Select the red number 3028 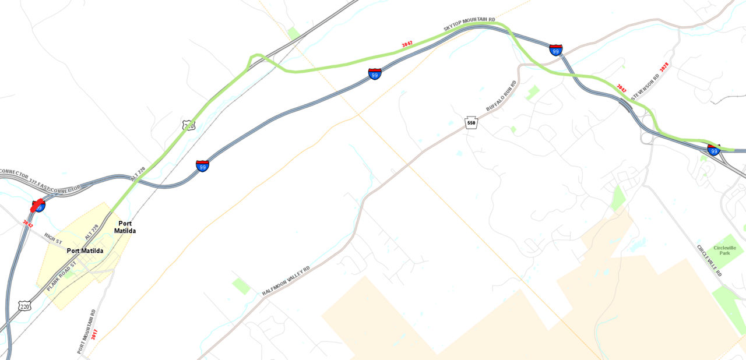[x=663, y=68]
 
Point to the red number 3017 [x=94, y=336]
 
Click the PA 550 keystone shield [x=471, y=123]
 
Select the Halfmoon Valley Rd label [x=286, y=281]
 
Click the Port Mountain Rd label [x=86, y=331]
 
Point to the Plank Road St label [x=62, y=276]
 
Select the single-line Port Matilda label [x=85, y=251]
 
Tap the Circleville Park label [x=727, y=250]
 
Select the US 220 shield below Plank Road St [x=24, y=306]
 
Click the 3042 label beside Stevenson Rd [x=621, y=88]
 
